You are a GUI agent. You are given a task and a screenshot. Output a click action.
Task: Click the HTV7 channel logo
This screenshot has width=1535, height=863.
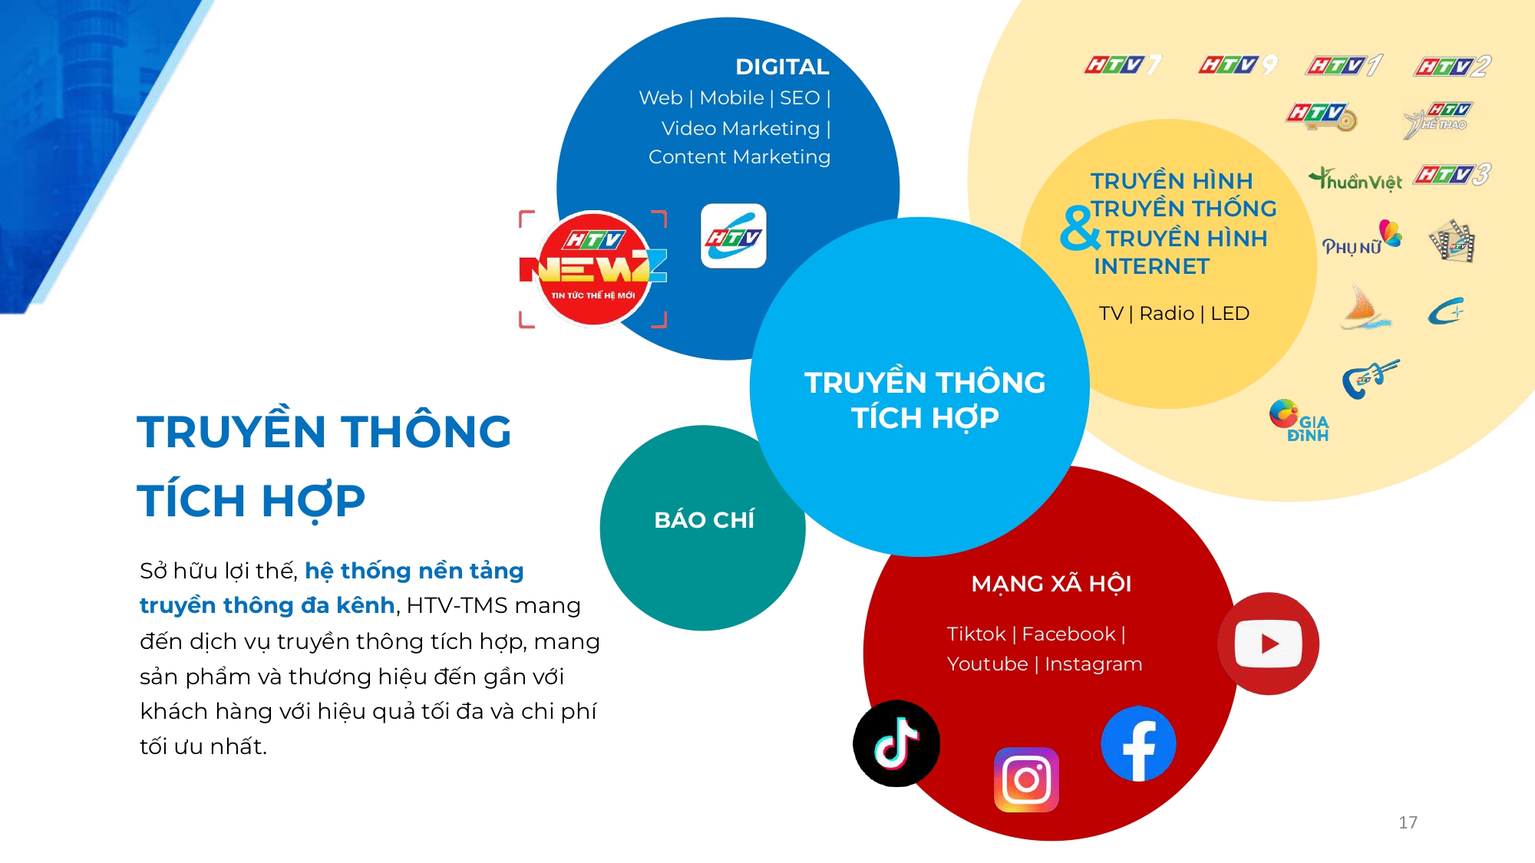point(1123,65)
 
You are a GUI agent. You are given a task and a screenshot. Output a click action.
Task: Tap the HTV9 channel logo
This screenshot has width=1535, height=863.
point(1238,65)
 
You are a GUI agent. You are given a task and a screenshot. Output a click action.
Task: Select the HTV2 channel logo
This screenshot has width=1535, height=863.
point(1452,67)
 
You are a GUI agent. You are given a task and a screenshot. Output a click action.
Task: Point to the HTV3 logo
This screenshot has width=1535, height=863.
point(1451,175)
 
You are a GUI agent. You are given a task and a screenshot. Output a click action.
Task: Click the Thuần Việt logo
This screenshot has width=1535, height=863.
point(1355,180)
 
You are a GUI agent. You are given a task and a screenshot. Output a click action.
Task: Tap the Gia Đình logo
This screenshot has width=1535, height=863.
point(1299,420)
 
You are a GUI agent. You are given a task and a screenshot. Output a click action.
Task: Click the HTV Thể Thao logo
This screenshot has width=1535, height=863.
point(1437,120)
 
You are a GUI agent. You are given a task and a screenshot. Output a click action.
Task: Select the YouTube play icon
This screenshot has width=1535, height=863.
point(1268,644)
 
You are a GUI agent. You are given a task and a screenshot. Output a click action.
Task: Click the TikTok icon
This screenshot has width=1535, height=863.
point(896,743)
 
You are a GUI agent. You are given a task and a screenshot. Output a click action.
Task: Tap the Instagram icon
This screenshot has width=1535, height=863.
point(1026,779)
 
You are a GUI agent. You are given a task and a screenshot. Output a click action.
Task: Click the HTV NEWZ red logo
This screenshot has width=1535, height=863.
point(593,268)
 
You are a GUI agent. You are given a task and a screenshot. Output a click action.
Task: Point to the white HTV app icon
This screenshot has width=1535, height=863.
point(733,236)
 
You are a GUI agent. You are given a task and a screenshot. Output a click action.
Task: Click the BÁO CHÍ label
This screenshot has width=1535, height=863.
point(704,520)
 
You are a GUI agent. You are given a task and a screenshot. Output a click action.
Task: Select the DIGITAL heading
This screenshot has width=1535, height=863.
point(781,67)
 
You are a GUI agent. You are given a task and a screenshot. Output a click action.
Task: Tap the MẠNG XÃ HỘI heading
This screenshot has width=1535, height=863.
point(1051,584)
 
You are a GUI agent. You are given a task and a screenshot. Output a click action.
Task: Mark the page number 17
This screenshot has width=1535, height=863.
point(1408,822)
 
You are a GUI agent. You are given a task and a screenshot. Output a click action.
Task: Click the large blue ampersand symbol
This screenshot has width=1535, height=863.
point(1080,228)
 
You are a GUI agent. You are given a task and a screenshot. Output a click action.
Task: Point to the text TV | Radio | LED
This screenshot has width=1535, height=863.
point(1174,313)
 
